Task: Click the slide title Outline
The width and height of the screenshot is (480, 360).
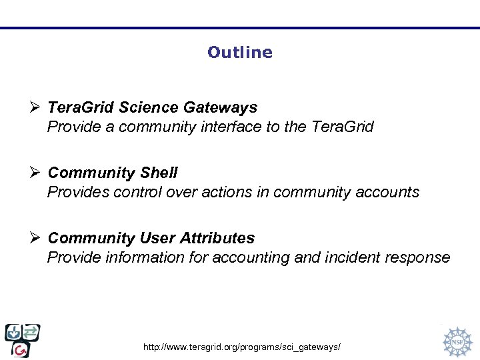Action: tap(239, 52)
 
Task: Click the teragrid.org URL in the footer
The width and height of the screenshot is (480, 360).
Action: tap(242, 348)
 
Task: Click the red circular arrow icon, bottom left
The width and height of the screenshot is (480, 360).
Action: tap(21, 349)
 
